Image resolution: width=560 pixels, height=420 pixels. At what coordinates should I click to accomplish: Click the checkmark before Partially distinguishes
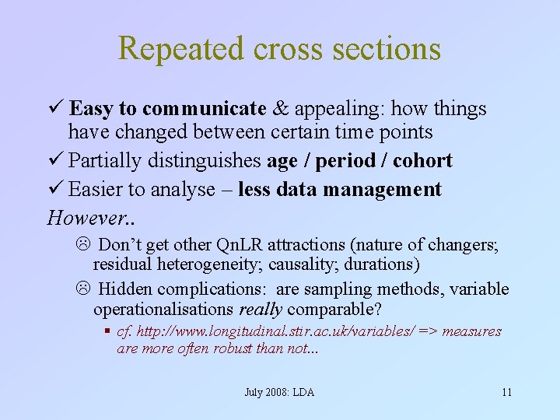[54, 160]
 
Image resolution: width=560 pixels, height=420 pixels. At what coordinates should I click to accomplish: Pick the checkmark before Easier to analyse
[54, 189]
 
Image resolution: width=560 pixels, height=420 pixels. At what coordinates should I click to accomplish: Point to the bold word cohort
[422, 160]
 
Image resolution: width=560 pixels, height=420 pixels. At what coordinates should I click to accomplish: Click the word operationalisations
[164, 310]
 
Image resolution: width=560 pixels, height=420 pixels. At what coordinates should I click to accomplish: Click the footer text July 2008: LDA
[279, 392]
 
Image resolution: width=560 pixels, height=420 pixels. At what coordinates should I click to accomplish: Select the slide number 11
[506, 392]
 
